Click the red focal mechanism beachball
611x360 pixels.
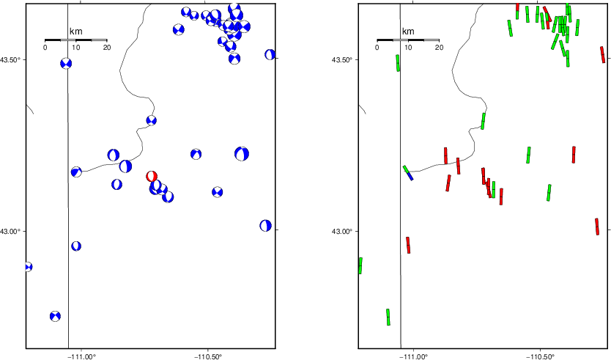pyautogui.click(x=152, y=176)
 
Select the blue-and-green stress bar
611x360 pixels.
pyautogui.click(x=408, y=173)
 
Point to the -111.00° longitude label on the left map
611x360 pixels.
pyautogui.click(x=81, y=356)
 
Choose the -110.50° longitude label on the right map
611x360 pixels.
pyautogui.click(x=540, y=356)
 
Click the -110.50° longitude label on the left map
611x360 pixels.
pyautogui.click(x=208, y=356)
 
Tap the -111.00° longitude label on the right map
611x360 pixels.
pyautogui.click(x=413, y=356)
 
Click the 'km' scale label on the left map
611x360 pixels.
pyautogui.click(x=75, y=32)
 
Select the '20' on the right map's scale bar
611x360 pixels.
pyautogui.click(x=439, y=48)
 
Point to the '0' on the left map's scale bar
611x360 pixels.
pyautogui.click(x=45, y=48)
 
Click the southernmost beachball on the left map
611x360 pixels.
pyautogui.click(x=56, y=316)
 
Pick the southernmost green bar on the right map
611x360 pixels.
pyautogui.click(x=388, y=317)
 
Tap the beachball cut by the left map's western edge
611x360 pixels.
pyautogui.click(x=28, y=267)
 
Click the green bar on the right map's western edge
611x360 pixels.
pyautogui.click(x=360, y=265)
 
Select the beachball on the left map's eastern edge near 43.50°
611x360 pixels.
pyautogui.click(x=270, y=54)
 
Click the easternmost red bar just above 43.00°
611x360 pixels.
pyautogui.click(x=597, y=227)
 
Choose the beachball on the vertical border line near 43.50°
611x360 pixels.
pyautogui.click(x=66, y=63)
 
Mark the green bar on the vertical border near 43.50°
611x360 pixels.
pyautogui.click(x=398, y=63)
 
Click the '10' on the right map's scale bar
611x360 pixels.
pyautogui.click(x=408, y=48)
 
